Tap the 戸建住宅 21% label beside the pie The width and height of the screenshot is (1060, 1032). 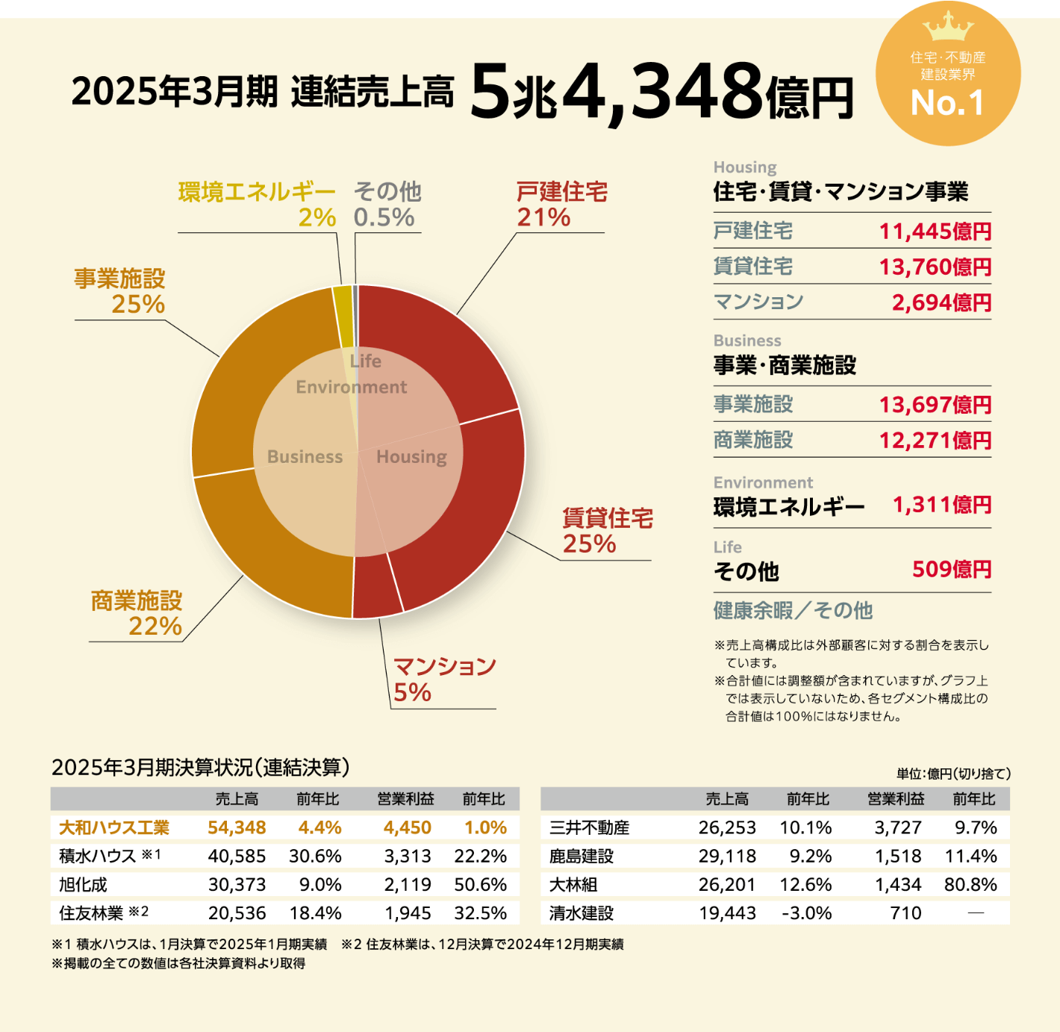[x=561, y=204]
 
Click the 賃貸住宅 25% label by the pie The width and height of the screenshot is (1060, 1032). [x=607, y=530]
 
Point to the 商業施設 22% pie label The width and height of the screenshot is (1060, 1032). [x=137, y=613]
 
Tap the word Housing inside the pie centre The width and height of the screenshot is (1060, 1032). [x=411, y=456]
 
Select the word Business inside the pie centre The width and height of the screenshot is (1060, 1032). [x=305, y=456]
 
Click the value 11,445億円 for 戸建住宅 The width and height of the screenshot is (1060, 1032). [x=935, y=231]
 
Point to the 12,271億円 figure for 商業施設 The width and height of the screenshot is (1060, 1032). [x=935, y=441]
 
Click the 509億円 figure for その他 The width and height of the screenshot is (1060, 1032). [x=952, y=570]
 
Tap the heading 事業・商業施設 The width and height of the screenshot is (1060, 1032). [x=785, y=365]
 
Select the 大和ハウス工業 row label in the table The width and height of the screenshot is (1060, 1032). [x=114, y=827]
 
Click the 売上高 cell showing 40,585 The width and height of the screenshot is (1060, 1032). [x=237, y=856]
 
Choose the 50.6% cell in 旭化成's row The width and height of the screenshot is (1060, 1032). [x=480, y=884]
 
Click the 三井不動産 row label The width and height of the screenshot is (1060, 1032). [x=589, y=827]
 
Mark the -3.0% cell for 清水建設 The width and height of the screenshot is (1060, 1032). [x=806, y=913]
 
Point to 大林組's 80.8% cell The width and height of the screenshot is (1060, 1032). [x=970, y=884]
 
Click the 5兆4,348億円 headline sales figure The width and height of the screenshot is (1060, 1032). [x=661, y=93]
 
